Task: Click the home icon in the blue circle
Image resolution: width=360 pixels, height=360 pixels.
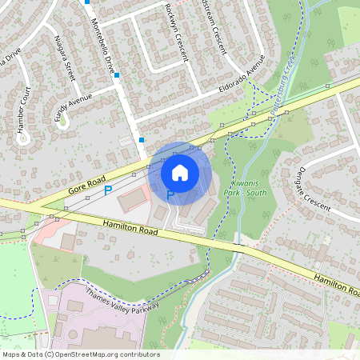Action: pos(180,172)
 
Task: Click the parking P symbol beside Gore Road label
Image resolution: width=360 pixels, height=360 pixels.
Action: pos(108,190)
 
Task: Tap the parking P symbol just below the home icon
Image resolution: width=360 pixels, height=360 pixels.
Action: pos(170,194)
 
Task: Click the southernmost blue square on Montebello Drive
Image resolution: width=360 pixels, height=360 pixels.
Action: pos(142,139)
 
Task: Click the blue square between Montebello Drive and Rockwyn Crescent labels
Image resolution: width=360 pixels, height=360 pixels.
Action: pos(117,75)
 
